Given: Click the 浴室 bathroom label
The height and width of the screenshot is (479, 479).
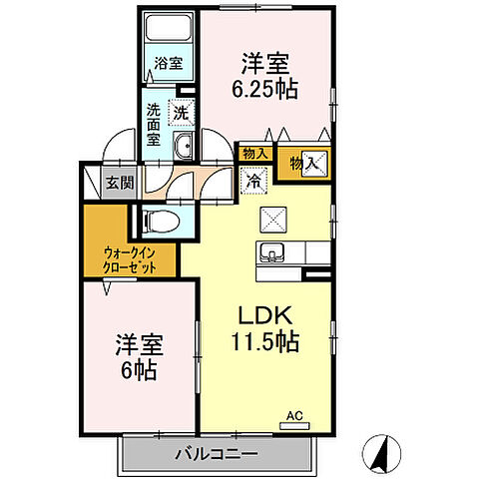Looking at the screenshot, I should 168,63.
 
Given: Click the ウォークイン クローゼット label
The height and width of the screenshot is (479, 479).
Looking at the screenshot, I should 134,261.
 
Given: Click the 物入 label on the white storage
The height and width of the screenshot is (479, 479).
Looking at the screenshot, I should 254,153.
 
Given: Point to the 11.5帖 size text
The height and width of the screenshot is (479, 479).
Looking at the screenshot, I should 264,340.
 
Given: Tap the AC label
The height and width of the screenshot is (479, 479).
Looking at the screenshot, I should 294,414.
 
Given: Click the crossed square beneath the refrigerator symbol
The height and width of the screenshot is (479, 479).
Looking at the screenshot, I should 272,217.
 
